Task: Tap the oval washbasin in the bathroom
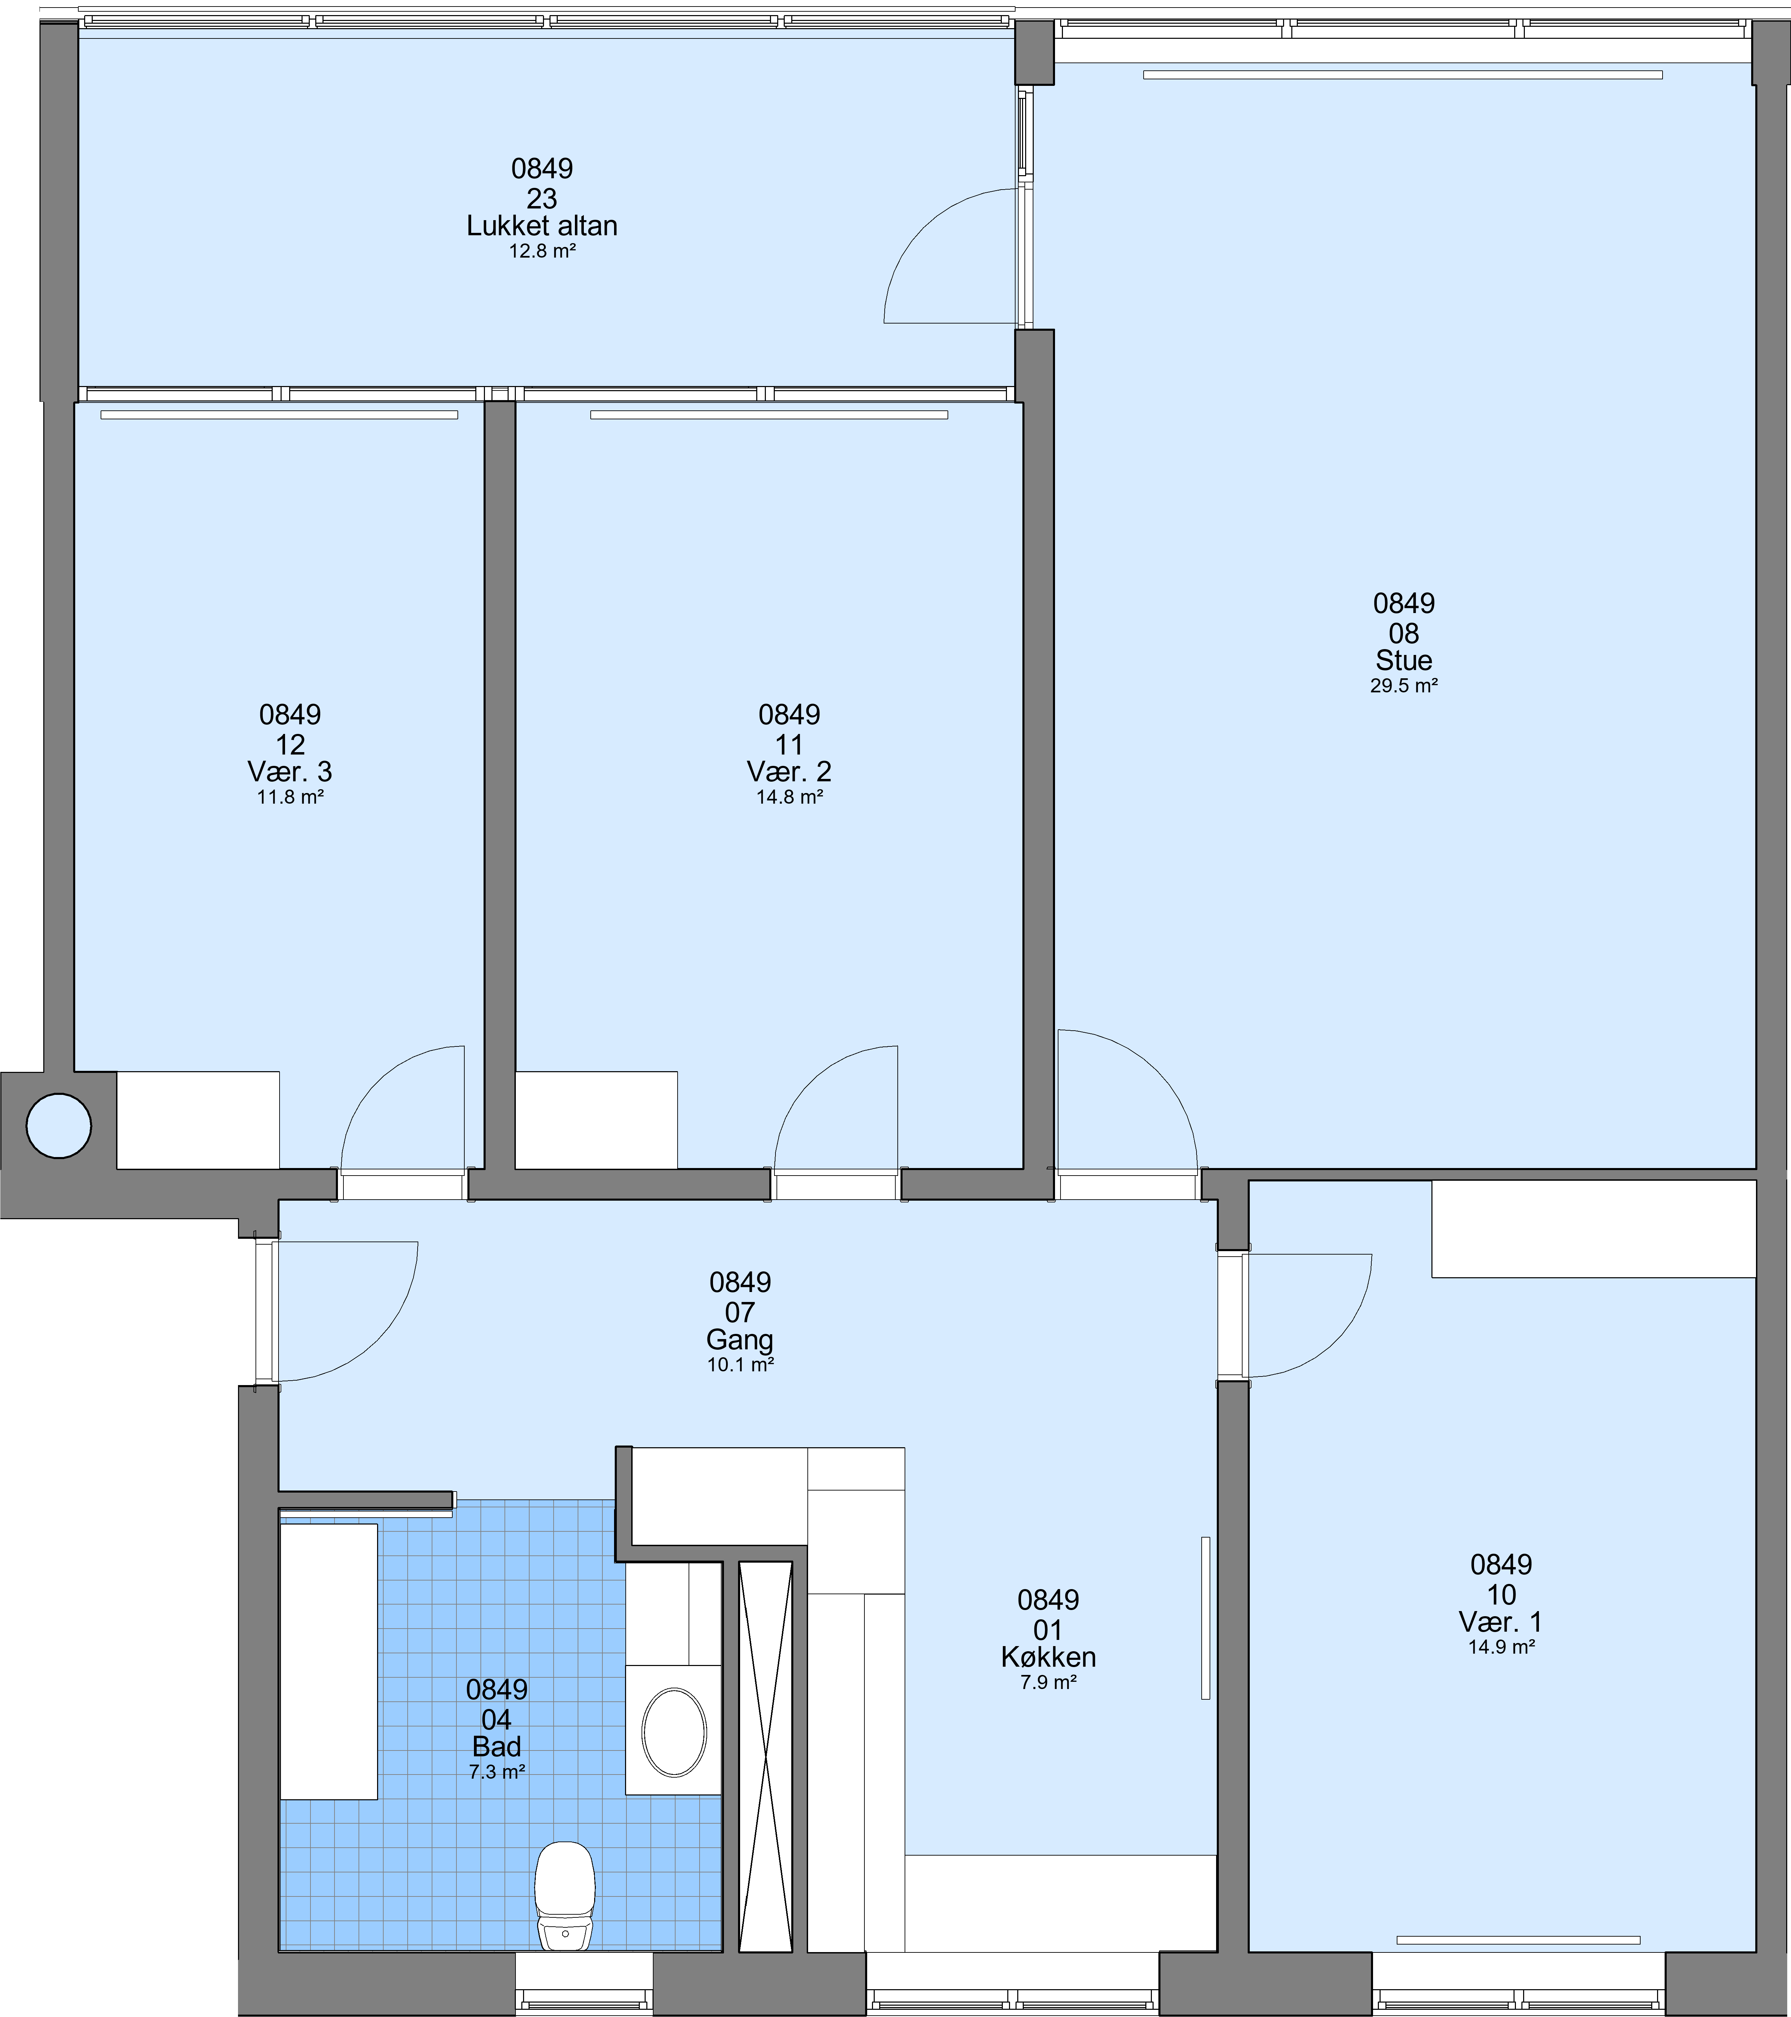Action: point(674,1732)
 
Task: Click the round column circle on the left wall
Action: point(59,1125)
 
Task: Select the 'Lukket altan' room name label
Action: point(542,226)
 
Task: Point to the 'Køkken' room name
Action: point(1048,1657)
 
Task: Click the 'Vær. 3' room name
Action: point(290,772)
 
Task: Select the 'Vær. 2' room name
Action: point(790,772)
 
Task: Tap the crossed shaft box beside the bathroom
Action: point(766,1756)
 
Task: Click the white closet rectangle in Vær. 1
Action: point(1594,1228)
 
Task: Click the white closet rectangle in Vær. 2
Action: point(596,1120)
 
